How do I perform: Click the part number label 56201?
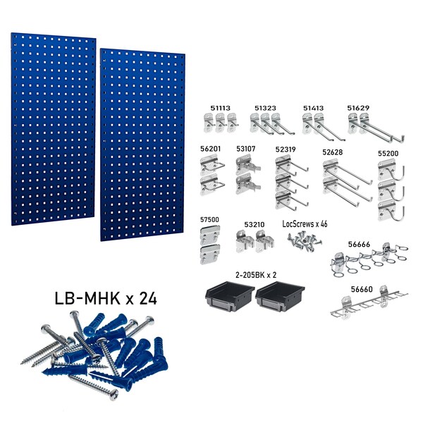[x=211, y=149]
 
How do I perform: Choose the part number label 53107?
[x=247, y=149]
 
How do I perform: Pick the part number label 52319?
[x=286, y=149]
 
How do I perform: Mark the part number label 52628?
[x=333, y=151]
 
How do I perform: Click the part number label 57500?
[x=211, y=221]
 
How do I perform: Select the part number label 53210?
[x=255, y=224]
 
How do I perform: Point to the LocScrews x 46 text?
[x=305, y=223]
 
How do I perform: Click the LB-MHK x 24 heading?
[x=106, y=298]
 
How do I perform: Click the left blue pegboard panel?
[x=48, y=127]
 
